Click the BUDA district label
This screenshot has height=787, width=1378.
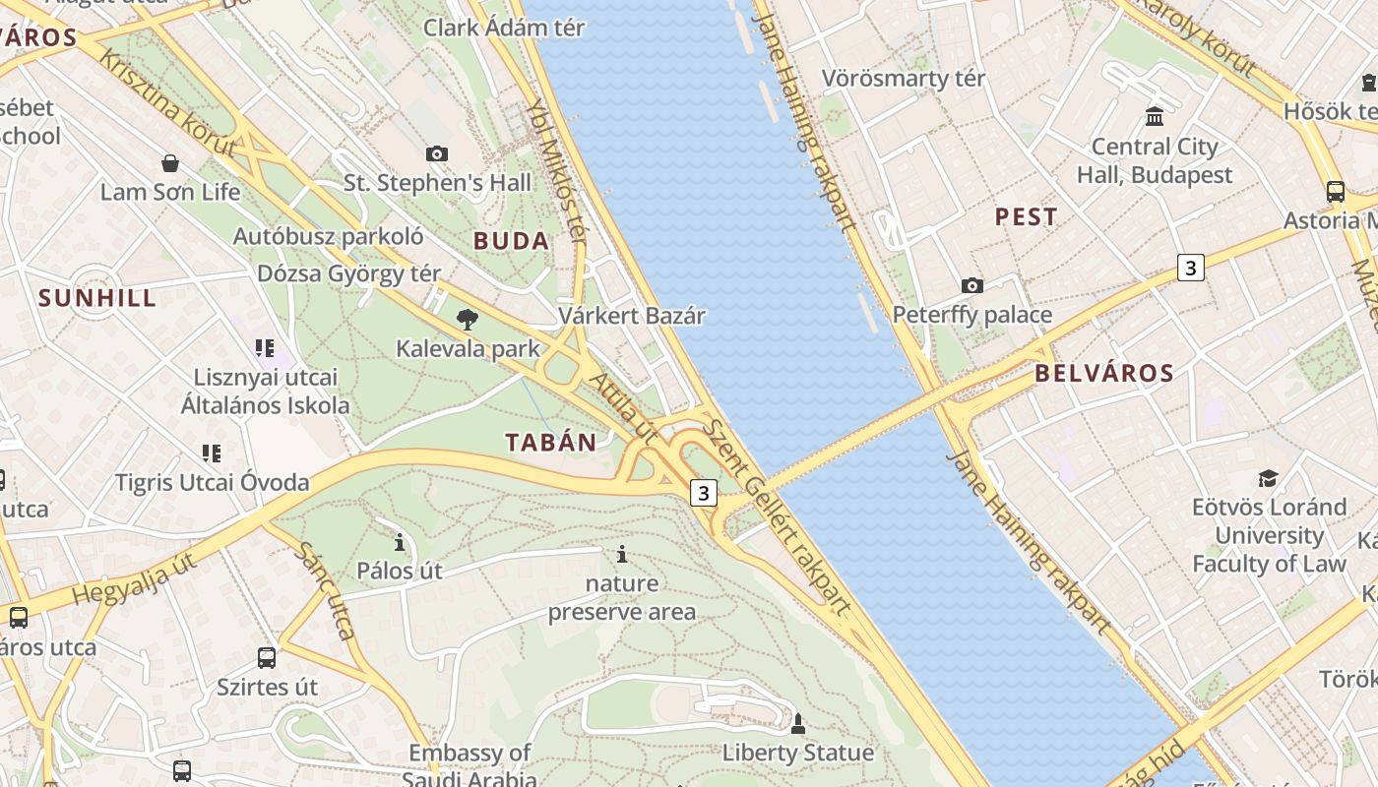pos(511,241)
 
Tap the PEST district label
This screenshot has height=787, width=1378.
pos(1026,217)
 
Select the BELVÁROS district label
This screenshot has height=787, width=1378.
pos(1104,373)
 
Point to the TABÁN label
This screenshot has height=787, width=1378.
pos(551,443)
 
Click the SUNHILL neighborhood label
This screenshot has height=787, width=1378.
pos(96,298)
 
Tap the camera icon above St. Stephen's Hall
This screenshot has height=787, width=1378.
pos(437,153)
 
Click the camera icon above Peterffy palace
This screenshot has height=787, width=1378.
pos(972,285)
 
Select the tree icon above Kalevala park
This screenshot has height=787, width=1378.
pos(468,319)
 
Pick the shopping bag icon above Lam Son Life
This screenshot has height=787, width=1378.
pos(170,162)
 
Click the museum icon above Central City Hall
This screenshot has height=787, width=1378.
pos(1155,117)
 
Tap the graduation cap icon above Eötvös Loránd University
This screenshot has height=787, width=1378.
pos(1268,478)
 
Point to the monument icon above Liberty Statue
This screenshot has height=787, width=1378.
pos(798,724)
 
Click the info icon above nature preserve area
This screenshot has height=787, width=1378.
pos(621,554)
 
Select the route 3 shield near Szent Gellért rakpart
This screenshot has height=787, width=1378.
pos(703,493)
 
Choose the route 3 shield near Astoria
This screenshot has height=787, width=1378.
pos(1191,267)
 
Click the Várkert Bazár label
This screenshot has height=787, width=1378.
pos(632,316)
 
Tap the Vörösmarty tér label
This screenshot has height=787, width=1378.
pos(903,78)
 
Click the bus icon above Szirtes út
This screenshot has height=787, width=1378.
pos(267,657)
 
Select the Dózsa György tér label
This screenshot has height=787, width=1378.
pos(349,273)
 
